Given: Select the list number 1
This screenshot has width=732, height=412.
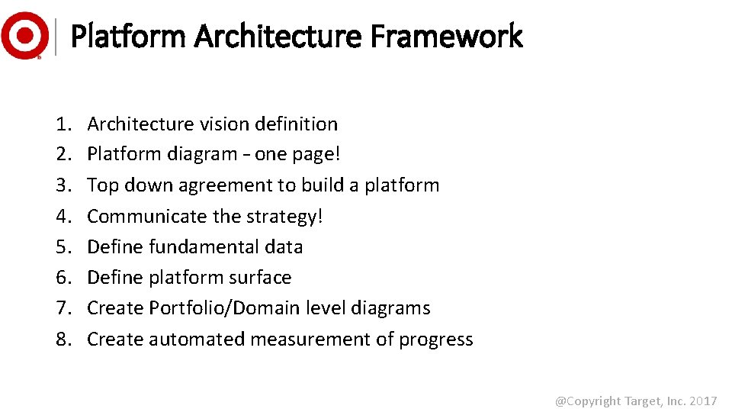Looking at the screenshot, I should pos(62,124).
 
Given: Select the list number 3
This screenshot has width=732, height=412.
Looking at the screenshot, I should pos(62,185).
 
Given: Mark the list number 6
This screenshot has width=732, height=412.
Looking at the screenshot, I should pos(62,278).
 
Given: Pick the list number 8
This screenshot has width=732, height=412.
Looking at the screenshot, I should pos(62,340).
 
